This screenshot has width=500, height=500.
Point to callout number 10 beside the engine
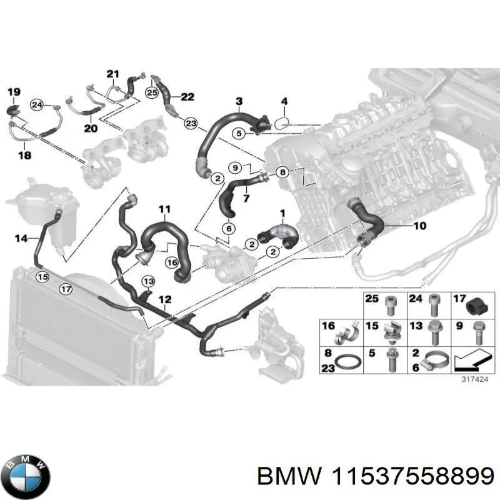pyautogui.click(x=419, y=226)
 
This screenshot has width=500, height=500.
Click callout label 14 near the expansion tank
pyautogui.click(x=21, y=237)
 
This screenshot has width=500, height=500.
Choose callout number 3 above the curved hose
pyautogui.click(x=239, y=101)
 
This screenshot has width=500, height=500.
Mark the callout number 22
pyautogui.click(x=187, y=96)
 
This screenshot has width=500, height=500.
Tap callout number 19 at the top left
pyautogui.click(x=13, y=92)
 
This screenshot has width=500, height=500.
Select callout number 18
pyautogui.click(x=25, y=154)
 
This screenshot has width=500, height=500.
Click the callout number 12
pyautogui.click(x=164, y=300)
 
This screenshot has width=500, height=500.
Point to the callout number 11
pyautogui.click(x=164, y=209)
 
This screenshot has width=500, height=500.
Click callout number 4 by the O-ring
pyautogui.click(x=284, y=101)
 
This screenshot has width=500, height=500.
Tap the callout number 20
pyautogui.click(x=91, y=129)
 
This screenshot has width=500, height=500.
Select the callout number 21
pyautogui.click(x=112, y=74)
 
